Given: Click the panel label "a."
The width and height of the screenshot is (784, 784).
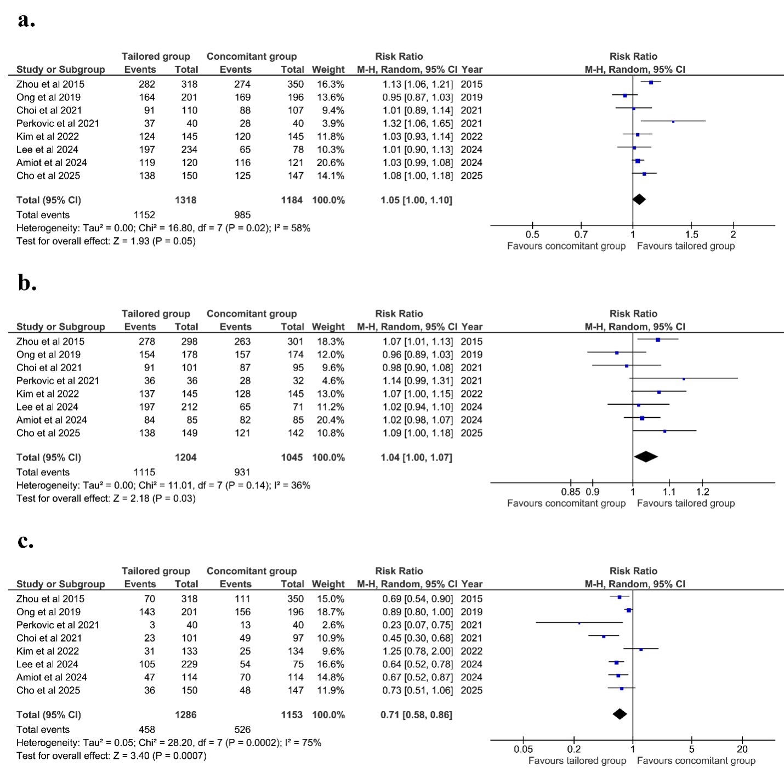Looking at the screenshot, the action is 26,20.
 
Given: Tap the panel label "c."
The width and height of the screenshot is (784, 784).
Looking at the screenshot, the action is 25,542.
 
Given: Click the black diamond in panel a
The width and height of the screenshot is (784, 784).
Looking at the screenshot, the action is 639,200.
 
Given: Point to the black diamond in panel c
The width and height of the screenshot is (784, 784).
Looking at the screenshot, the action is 620,714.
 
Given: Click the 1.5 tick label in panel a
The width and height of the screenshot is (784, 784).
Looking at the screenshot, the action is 691,235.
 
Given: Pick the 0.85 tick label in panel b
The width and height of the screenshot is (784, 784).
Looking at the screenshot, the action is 570,492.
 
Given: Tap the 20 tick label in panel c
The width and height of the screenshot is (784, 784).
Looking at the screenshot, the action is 742,749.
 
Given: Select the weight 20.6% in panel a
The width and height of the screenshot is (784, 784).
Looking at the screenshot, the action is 331,163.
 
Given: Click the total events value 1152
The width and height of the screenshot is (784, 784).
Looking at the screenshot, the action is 144,215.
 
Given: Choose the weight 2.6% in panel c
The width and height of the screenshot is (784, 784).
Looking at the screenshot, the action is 334,625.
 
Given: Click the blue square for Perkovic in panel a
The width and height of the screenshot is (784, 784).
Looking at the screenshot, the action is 673,121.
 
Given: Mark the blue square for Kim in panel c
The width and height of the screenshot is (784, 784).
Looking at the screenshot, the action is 641,649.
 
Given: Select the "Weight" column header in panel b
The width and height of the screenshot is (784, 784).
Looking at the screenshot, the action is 328,327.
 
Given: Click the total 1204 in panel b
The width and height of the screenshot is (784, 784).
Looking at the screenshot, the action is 185,457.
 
